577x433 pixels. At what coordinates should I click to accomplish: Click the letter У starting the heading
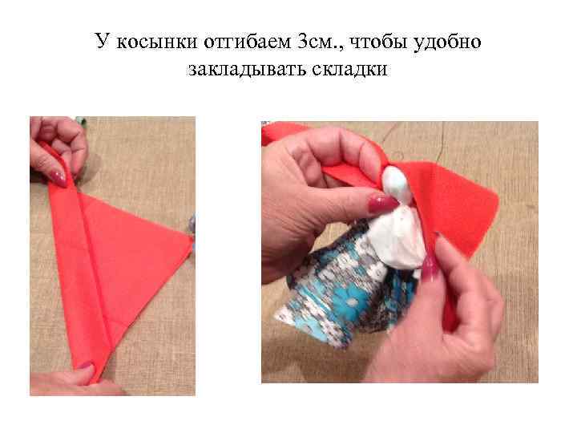click(x=102, y=41)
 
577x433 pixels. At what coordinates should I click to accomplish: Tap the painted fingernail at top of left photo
click(x=59, y=176)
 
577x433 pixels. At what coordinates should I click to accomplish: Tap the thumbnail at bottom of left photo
click(x=84, y=366)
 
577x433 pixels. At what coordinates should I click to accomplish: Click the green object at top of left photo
click(x=80, y=122)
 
